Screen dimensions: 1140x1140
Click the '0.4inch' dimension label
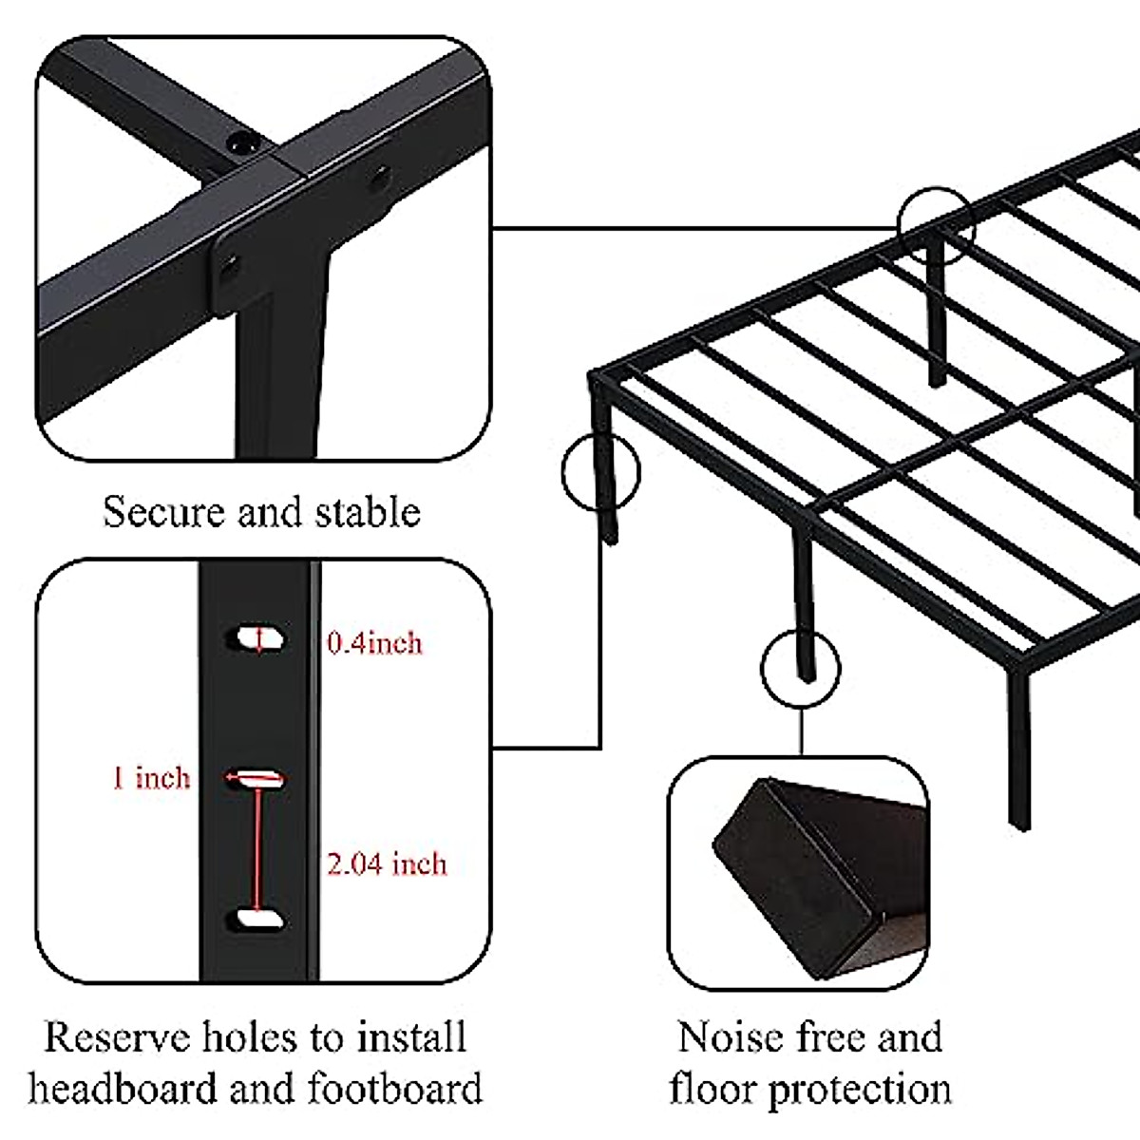pos(374,643)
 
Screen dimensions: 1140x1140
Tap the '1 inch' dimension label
pos(151,778)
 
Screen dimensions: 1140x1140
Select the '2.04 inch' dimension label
pos(387,864)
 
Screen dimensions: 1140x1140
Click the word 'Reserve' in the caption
pos(116,1037)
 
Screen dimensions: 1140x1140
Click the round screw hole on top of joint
pos(241,143)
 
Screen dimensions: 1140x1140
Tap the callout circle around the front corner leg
pos(600,472)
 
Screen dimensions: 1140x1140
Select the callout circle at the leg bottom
pos(801,668)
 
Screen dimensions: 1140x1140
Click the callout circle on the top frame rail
pos(936,223)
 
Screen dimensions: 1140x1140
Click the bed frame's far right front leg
pos(1017,750)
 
